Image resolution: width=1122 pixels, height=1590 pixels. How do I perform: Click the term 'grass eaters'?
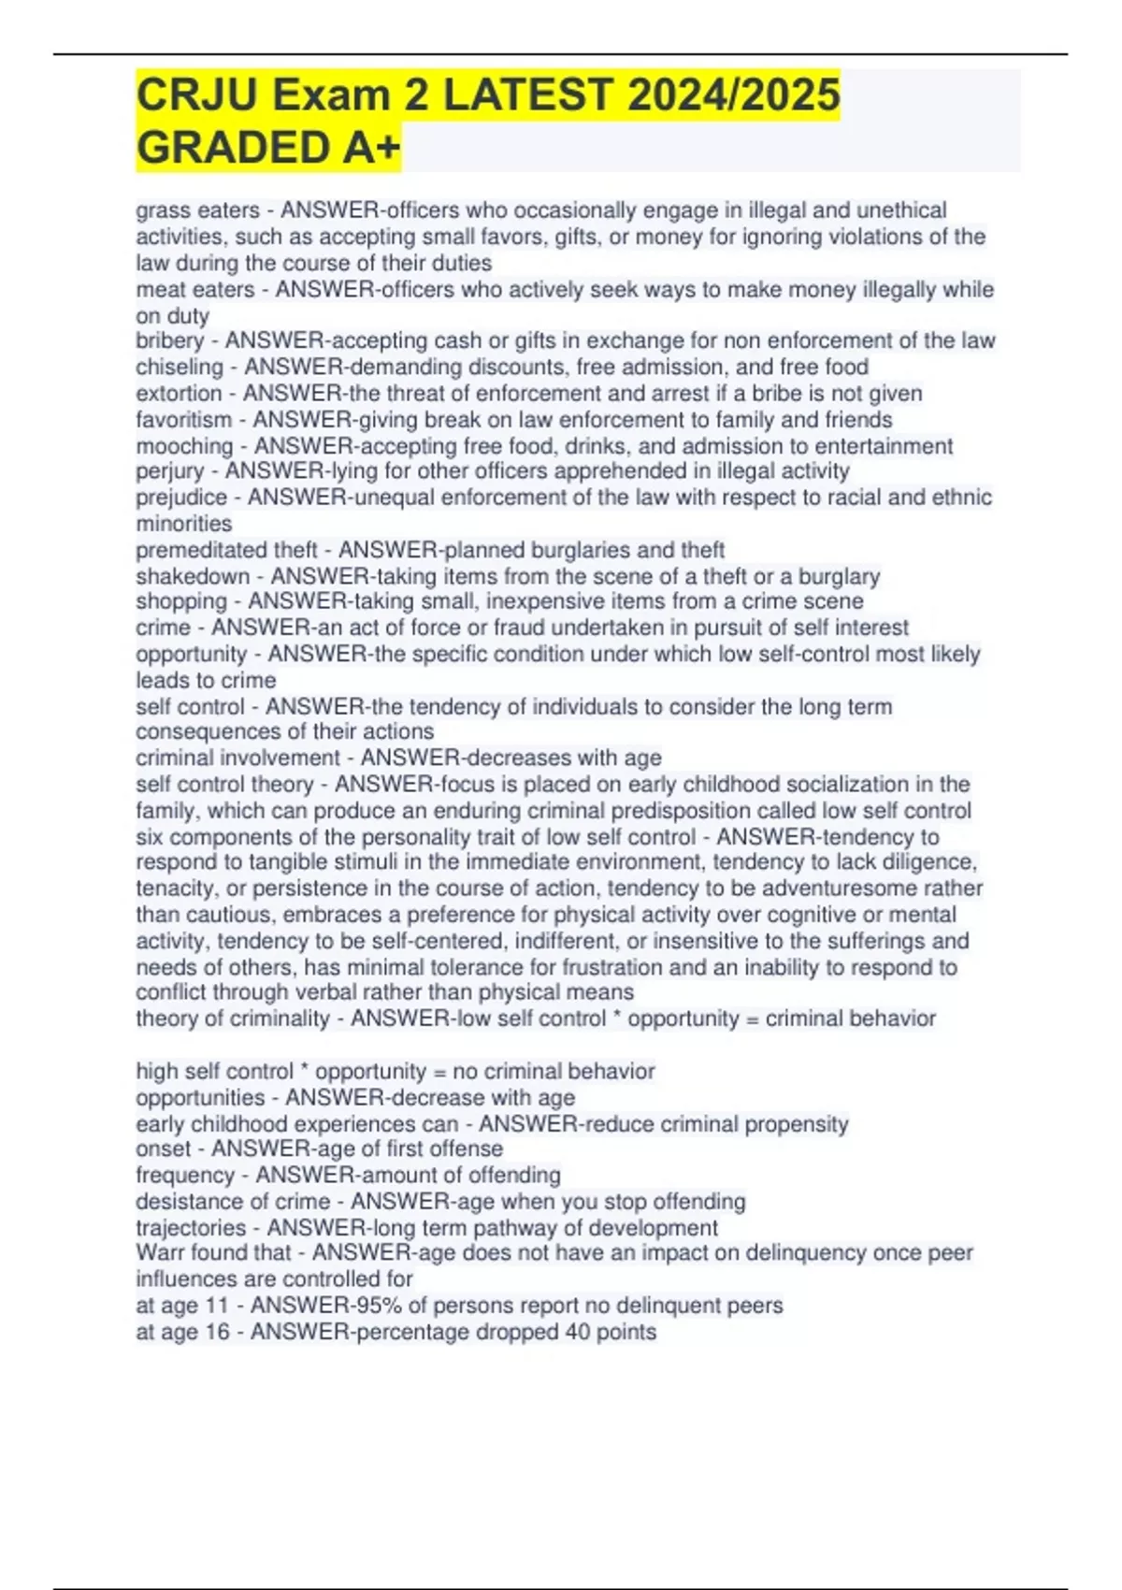(x=197, y=210)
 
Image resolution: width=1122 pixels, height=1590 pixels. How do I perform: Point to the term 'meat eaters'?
(x=194, y=290)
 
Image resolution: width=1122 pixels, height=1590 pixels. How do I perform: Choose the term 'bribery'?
(x=169, y=341)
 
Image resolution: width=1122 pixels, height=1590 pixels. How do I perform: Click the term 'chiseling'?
(x=180, y=368)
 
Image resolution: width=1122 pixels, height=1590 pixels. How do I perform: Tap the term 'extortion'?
(x=179, y=394)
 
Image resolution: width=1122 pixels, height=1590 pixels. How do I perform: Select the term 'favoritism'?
(x=183, y=420)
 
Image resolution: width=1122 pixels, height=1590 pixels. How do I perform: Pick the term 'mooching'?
(x=184, y=446)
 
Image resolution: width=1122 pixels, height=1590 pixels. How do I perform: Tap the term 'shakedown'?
(x=193, y=576)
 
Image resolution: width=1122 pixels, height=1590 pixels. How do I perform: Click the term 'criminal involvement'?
(x=237, y=758)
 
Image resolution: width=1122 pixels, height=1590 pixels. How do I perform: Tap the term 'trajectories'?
(x=191, y=1228)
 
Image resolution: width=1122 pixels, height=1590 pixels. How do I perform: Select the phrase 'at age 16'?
(x=182, y=1332)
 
